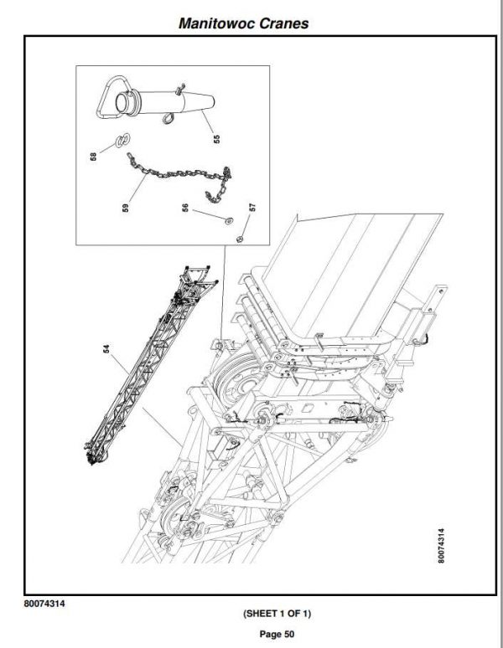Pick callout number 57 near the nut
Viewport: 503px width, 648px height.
click(x=251, y=207)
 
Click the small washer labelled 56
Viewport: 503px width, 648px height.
click(x=227, y=221)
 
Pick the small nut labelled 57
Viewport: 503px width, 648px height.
click(x=238, y=238)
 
